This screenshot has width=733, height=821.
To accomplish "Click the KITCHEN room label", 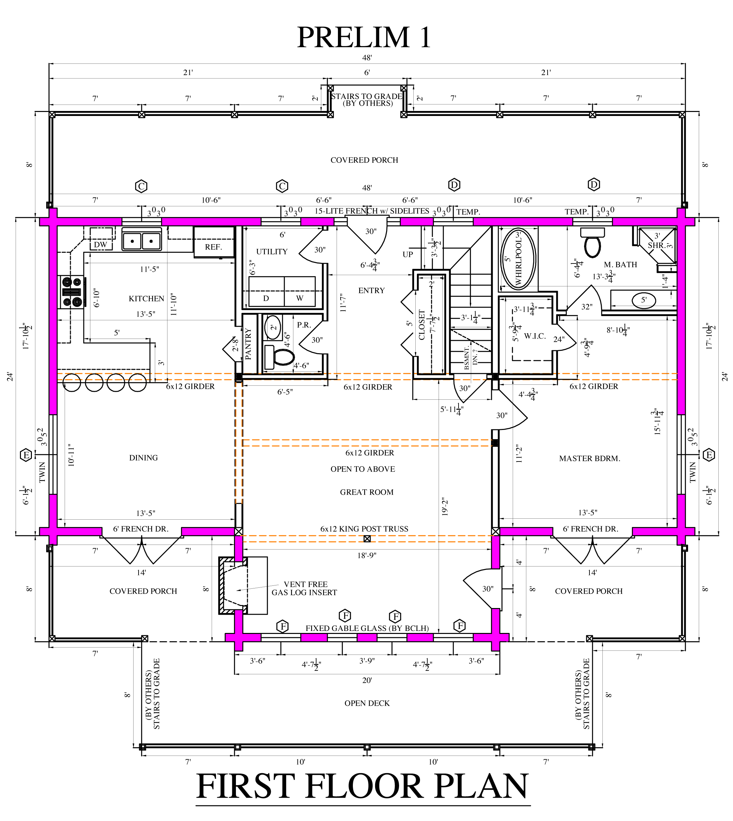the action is tap(146, 298).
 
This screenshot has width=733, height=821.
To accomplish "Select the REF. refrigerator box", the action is tap(214, 242).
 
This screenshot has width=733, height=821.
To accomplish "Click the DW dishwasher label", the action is tap(100, 245).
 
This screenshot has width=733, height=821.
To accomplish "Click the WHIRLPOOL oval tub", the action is tap(518, 259).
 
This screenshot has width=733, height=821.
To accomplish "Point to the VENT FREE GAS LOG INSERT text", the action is tap(304, 588).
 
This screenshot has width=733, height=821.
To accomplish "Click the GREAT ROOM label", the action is tap(366, 492).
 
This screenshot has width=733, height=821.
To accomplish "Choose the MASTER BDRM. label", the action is tap(589, 458).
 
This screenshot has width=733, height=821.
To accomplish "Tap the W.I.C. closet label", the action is tap(535, 336).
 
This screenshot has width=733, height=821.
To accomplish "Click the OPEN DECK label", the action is tap(367, 703).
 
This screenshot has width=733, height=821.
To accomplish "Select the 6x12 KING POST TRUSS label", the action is tap(364, 529).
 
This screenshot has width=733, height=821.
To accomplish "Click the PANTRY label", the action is tap(248, 344).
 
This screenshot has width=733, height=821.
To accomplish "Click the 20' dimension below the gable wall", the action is tap(367, 680).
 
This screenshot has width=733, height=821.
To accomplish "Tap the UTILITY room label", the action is tap(272, 251).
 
